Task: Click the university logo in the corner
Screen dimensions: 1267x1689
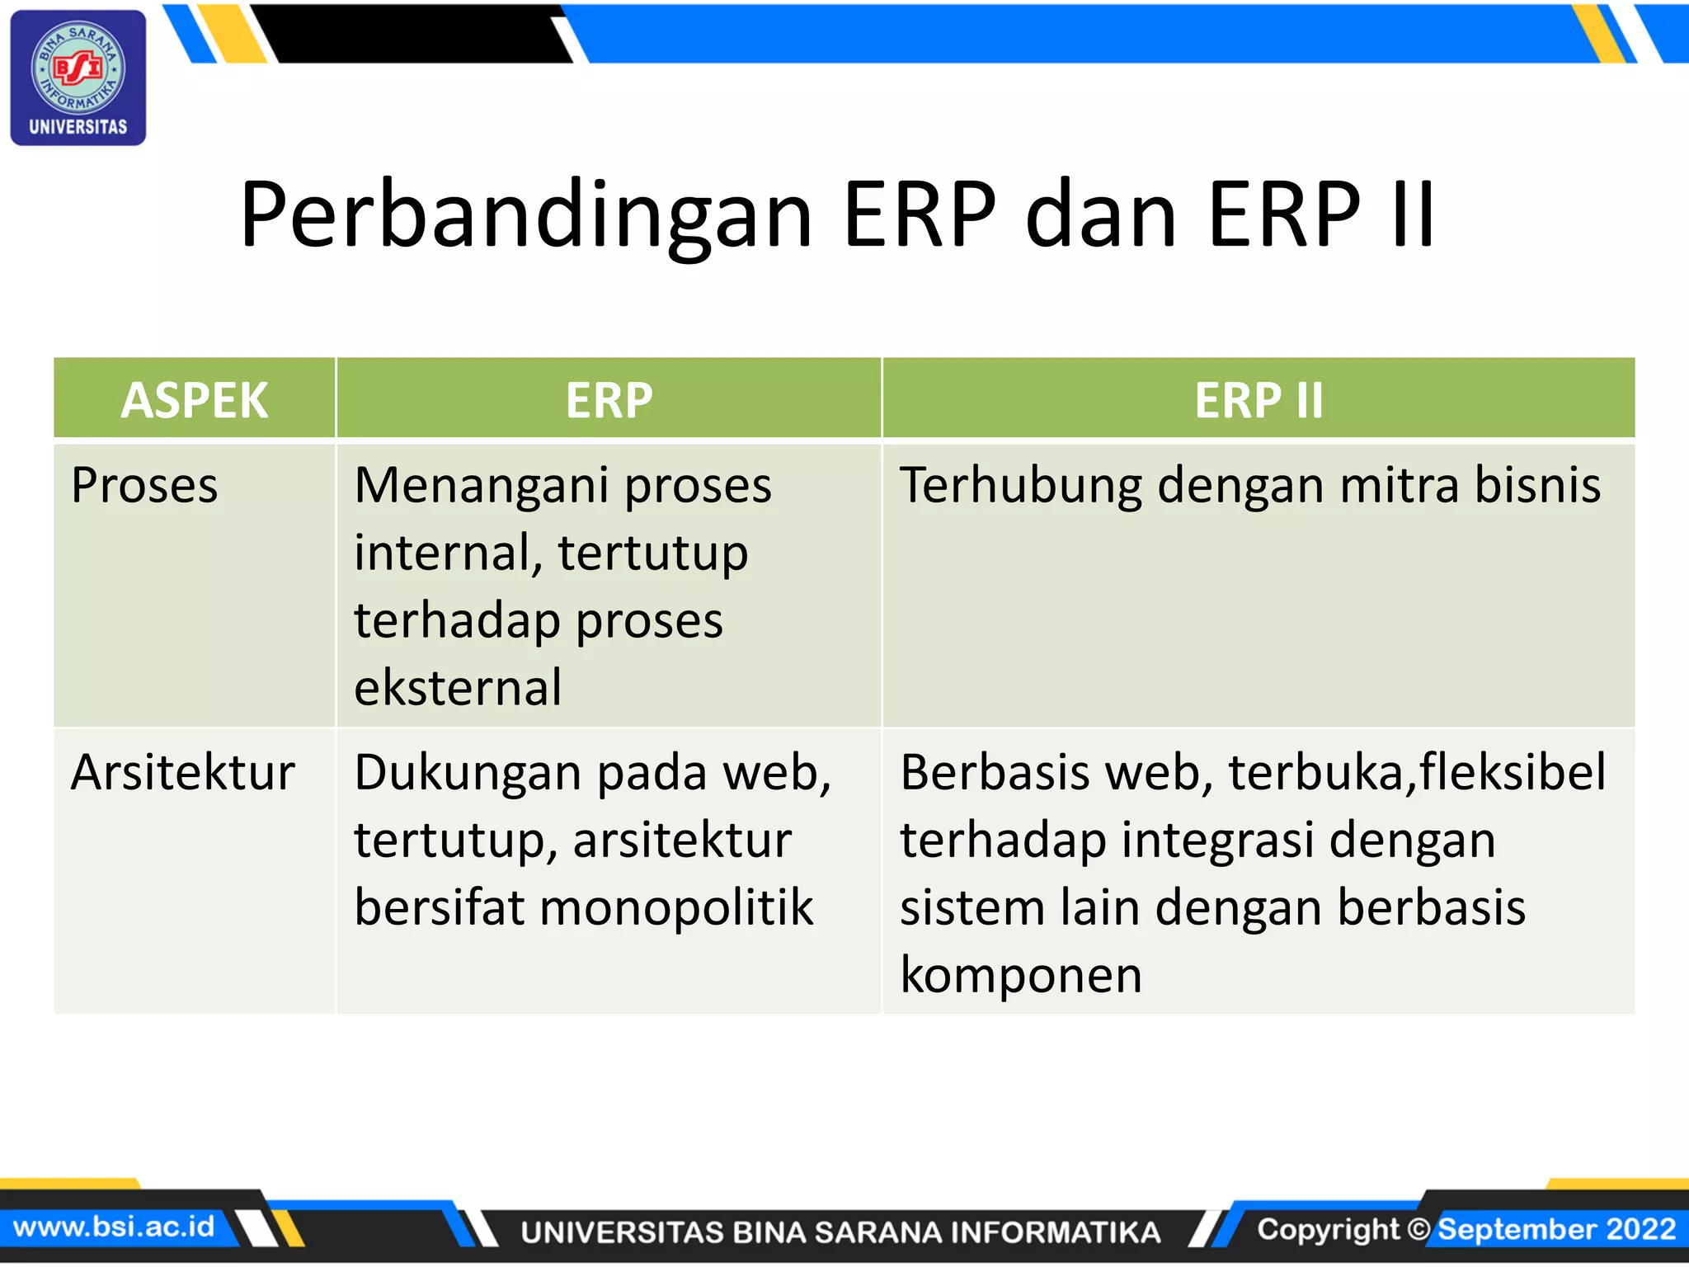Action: (78, 78)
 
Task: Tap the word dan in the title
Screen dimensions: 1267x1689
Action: (1100, 216)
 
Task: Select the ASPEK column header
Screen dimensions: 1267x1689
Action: (195, 400)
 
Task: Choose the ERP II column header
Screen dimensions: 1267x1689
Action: (1259, 400)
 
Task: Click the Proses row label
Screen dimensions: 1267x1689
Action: (144, 485)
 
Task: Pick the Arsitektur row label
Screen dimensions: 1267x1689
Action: (183, 773)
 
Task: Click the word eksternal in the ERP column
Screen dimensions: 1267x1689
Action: (458, 687)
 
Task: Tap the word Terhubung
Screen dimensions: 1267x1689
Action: (1020, 485)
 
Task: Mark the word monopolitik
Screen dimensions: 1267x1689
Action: (675, 908)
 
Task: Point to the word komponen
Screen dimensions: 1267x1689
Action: (1021, 976)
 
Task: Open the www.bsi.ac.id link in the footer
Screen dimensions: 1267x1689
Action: (114, 1227)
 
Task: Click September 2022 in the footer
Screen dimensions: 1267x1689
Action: (1557, 1229)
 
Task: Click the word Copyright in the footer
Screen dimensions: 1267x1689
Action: (1328, 1229)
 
